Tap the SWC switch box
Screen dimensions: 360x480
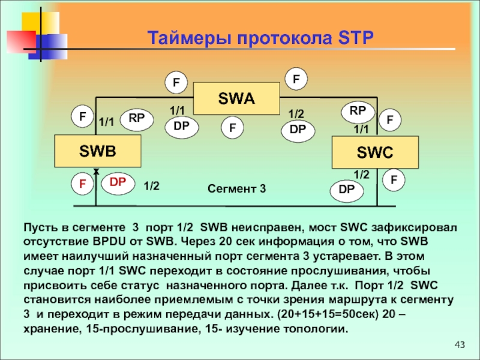375,152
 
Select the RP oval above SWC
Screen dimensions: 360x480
358,111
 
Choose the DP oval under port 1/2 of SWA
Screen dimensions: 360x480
298,130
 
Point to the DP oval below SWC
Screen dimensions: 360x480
347,190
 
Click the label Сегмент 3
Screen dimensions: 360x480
236,188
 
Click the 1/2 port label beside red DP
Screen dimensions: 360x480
152,187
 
